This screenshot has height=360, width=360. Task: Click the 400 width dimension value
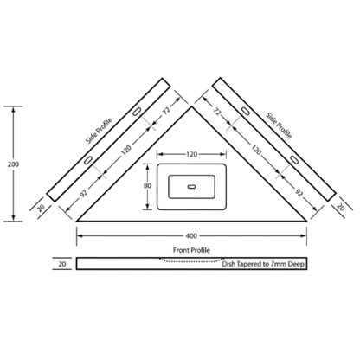(191, 236)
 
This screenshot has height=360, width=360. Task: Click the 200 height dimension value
(13, 164)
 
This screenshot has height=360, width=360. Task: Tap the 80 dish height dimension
(147, 186)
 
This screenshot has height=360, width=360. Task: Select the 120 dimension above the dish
(191, 154)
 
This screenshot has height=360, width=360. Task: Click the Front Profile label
(191, 250)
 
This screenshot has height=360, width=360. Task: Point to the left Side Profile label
(99, 131)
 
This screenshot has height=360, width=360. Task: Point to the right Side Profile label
(279, 125)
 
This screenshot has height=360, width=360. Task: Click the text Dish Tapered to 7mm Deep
(263, 264)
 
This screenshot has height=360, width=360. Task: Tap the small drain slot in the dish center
(191, 187)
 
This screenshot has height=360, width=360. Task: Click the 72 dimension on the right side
(217, 111)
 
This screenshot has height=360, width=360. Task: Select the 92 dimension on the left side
(83, 194)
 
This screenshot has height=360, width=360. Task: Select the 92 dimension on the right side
(299, 192)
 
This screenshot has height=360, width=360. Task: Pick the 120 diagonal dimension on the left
(126, 150)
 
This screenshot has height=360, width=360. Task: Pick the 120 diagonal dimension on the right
(256, 150)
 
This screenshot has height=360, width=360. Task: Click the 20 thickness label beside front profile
(62, 264)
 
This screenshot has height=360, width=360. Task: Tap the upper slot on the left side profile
(137, 112)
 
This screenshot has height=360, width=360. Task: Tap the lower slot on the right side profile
(294, 159)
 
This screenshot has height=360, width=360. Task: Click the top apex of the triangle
(191, 106)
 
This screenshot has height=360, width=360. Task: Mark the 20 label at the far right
(341, 207)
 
